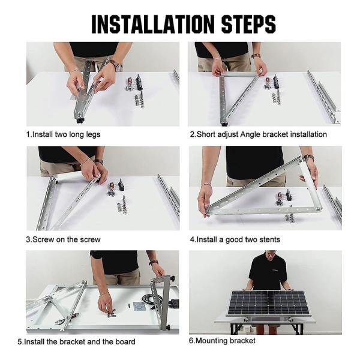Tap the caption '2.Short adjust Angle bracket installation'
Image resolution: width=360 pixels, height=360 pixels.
pyautogui.click(x=258, y=134)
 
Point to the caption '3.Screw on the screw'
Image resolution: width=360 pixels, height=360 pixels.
pyautogui.click(x=63, y=239)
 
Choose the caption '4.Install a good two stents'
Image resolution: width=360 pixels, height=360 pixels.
pyautogui.click(x=235, y=239)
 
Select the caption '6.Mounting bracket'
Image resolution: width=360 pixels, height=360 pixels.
pyautogui.click(x=222, y=341)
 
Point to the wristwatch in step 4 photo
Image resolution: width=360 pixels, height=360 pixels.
pyautogui.click(x=308, y=158)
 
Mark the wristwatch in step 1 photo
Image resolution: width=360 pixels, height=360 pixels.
pyautogui.click(x=113, y=64)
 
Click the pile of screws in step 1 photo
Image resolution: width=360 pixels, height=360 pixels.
pyautogui.click(x=139, y=100)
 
